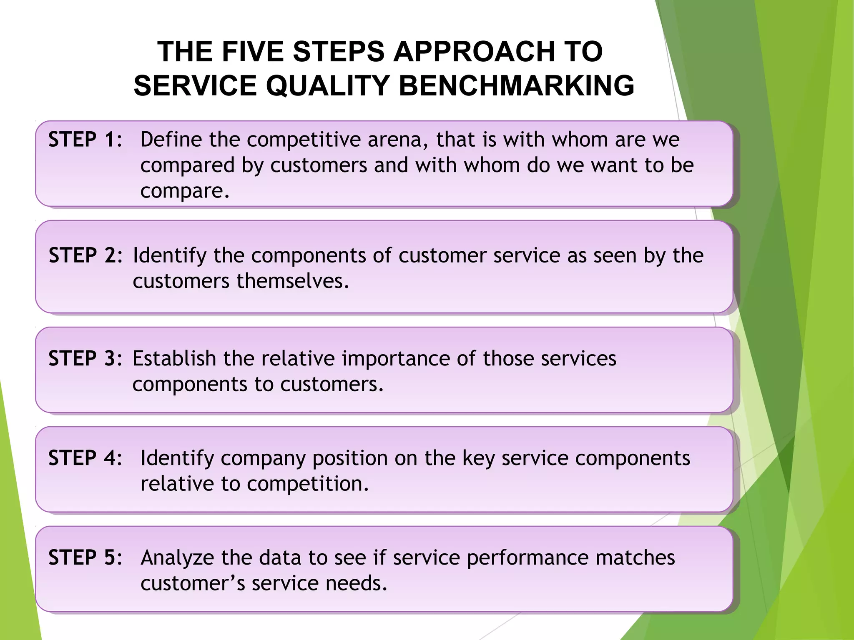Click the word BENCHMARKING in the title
(x=516, y=85)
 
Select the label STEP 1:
(x=85, y=139)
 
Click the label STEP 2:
(x=85, y=255)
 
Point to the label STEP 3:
(x=85, y=358)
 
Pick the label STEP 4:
(x=85, y=458)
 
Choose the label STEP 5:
(x=85, y=557)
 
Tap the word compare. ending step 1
(x=185, y=191)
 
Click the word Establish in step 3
(x=174, y=358)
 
